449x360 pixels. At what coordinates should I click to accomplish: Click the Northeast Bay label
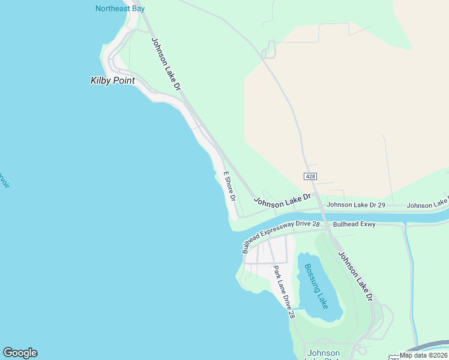click(121, 8)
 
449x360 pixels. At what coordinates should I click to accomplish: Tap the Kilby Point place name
click(112, 80)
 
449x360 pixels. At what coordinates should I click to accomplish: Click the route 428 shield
click(310, 176)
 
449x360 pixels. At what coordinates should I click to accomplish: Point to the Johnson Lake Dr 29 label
click(355, 205)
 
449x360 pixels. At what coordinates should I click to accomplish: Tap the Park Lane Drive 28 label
click(284, 292)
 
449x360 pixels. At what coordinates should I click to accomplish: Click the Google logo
click(20, 353)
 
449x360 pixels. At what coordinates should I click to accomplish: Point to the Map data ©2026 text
click(423, 355)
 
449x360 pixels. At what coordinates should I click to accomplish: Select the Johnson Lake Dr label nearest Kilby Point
click(166, 64)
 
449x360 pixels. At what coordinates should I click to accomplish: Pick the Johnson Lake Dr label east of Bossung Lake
click(355, 275)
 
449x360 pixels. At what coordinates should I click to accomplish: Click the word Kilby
click(100, 80)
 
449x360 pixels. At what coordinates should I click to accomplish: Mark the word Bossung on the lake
click(313, 278)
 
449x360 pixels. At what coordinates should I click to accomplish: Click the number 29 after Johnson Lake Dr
click(381, 205)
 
